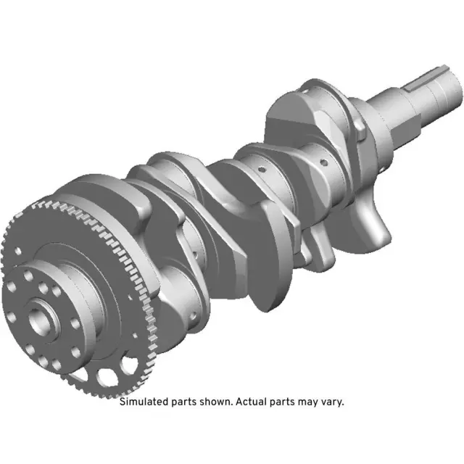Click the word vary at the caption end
click(x=331, y=402)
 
